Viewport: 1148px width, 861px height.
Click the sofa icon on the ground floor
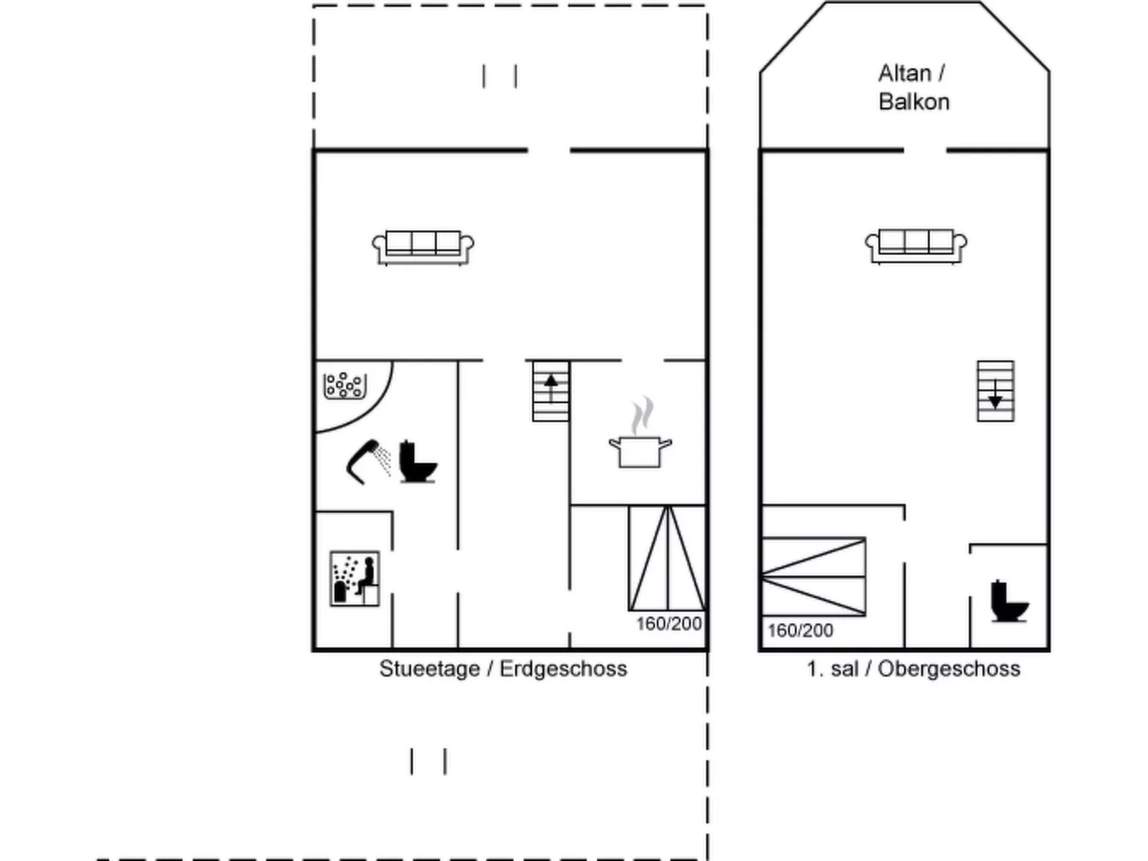[422, 248]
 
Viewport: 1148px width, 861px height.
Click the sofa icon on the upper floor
[915, 247]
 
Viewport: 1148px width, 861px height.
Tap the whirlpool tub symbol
[345, 386]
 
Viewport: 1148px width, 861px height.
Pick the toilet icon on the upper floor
[1009, 601]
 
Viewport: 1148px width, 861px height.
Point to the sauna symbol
[355, 578]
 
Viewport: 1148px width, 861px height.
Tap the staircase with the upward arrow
[550, 391]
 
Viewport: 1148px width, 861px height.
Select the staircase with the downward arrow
[995, 391]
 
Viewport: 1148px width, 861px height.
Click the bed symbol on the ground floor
[668, 558]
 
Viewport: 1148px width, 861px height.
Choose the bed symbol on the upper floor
[813, 577]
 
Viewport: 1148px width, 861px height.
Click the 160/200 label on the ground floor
[669, 624]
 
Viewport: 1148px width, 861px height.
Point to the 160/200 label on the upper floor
[800, 630]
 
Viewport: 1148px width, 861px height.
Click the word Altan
[905, 74]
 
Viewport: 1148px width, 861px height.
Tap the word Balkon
[914, 102]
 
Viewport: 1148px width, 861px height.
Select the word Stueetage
[430, 670]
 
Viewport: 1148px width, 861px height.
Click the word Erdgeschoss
[563, 669]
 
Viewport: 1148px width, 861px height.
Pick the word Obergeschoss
[949, 670]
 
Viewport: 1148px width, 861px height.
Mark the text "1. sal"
[833, 669]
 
